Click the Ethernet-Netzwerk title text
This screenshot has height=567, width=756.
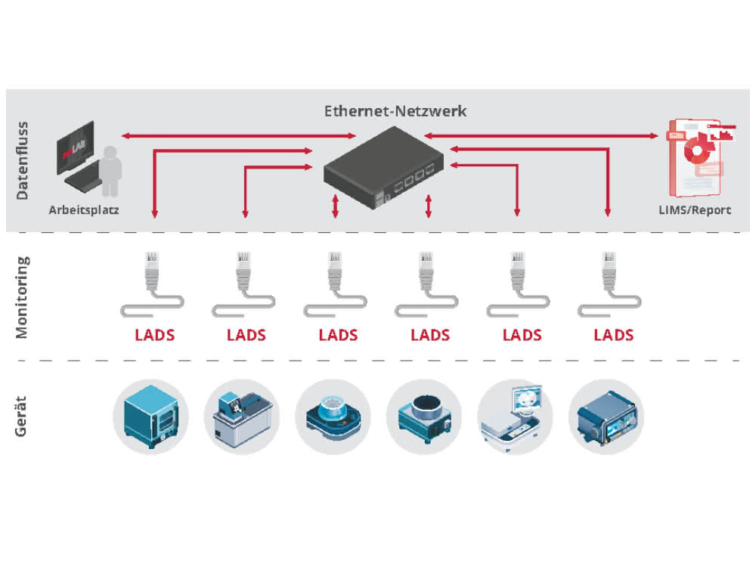tap(395, 111)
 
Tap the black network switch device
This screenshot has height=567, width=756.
tap(383, 167)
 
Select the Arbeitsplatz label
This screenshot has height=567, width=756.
tap(84, 210)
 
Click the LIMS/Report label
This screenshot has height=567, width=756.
tap(695, 210)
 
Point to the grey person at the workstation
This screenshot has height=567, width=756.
tap(111, 171)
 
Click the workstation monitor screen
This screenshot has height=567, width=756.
tap(75, 147)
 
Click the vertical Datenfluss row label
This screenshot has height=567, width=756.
tap(22, 160)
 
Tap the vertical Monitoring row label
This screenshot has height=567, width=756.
tap(22, 297)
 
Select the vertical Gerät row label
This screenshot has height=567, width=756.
tap(20, 416)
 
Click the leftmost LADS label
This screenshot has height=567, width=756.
tap(154, 335)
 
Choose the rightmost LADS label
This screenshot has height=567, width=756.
tap(613, 335)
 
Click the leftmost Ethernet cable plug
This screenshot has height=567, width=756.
tap(152, 270)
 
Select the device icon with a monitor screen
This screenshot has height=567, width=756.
tap(514, 417)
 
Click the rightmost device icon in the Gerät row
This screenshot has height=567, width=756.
tap(607, 417)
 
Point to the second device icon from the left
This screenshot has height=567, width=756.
tap(242, 417)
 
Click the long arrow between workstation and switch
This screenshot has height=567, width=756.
tap(239, 136)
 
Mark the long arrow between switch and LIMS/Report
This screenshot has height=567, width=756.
tap(541, 136)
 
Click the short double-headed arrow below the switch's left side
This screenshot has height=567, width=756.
tap(336, 206)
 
